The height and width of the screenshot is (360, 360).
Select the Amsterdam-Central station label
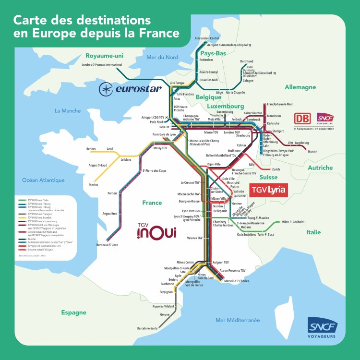click(206, 38)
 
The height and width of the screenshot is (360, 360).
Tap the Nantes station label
click(93, 185)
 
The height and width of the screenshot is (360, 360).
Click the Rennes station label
click(91, 149)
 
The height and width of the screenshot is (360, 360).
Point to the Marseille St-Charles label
click(236, 281)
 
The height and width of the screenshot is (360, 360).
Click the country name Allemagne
click(300, 87)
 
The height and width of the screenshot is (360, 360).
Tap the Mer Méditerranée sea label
click(237, 320)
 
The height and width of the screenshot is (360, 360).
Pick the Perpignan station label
click(166, 292)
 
